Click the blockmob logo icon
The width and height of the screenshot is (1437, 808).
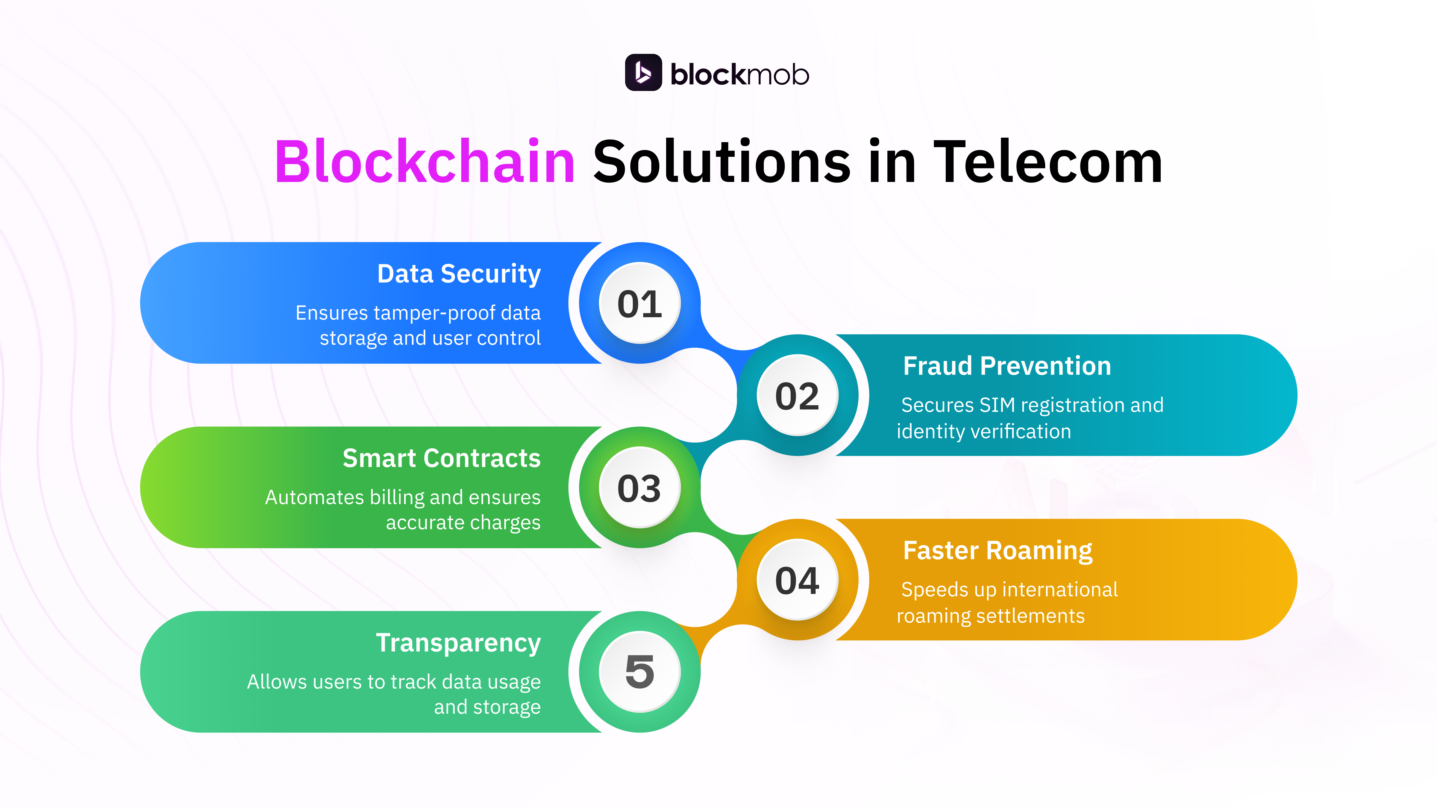pyautogui.click(x=643, y=72)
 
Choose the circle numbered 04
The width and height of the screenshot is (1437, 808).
pyautogui.click(x=797, y=580)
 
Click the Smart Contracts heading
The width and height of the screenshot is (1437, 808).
pyautogui.click(x=441, y=458)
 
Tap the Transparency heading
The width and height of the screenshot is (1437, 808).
pyautogui.click(x=458, y=643)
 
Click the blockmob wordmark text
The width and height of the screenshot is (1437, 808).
pyautogui.click(x=739, y=75)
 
